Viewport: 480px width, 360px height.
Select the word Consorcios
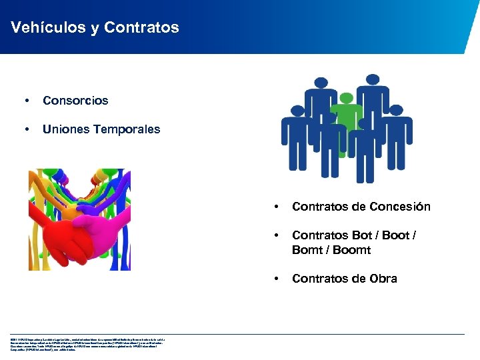click(75, 101)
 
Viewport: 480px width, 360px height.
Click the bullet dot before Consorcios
click(26, 101)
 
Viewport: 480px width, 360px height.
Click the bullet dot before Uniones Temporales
click(26, 129)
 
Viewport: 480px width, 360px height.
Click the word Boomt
click(352, 250)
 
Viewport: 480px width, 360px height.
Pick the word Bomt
click(307, 250)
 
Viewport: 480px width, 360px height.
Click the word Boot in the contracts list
click(400, 235)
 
